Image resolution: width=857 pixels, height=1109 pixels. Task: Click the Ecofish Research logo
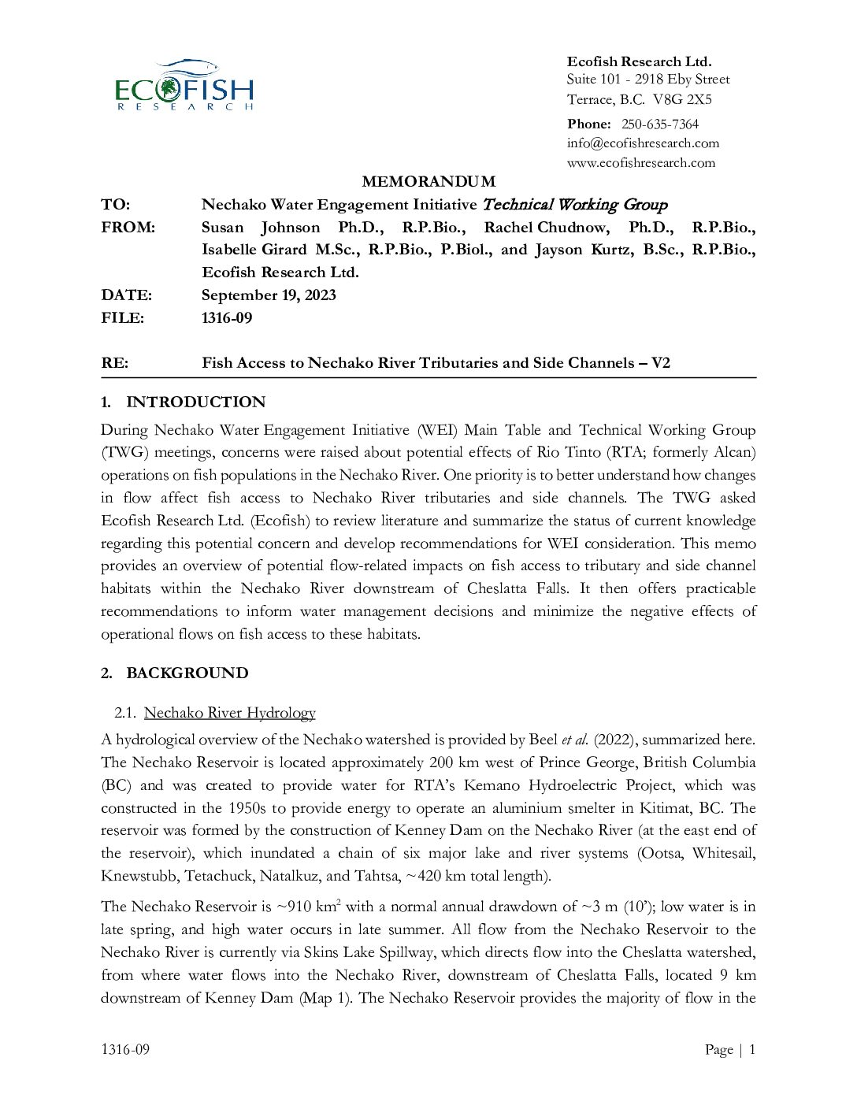184,85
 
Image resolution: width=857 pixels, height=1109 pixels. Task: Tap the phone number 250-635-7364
659,124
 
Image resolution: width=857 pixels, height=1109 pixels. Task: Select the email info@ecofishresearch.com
643,143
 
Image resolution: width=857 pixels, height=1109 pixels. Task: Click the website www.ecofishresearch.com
640,163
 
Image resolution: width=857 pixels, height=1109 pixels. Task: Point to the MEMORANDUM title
428,182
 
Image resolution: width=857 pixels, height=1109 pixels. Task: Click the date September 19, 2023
269,295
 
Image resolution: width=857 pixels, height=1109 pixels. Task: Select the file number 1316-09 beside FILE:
227,318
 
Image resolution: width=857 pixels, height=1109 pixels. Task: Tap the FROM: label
128,228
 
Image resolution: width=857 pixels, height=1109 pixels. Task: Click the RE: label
114,363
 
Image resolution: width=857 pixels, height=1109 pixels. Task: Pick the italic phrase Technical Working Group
574,205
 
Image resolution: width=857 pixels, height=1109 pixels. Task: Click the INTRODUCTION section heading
196,402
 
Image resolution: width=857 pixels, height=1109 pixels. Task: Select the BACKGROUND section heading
187,673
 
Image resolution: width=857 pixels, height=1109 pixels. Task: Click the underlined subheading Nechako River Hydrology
229,713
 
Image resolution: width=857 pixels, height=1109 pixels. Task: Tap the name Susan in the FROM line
224,228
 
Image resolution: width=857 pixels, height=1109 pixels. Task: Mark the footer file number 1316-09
125,1049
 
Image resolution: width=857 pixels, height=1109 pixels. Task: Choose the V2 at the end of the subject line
660,363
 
